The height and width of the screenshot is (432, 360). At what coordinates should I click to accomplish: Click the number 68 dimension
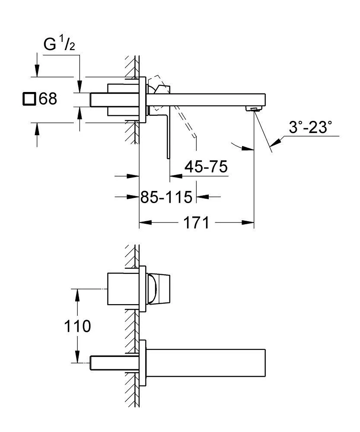(x=48, y=99)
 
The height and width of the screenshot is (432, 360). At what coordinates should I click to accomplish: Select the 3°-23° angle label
(x=310, y=127)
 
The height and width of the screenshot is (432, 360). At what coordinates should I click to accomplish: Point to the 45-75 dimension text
(x=206, y=166)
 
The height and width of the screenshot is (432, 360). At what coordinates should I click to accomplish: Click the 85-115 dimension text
(x=166, y=197)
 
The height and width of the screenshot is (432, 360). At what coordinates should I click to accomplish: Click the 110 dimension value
(x=76, y=326)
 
